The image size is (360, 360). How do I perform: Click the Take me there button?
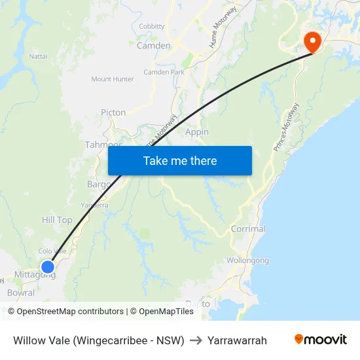coord(180,160)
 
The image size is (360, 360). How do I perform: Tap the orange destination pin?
coord(312,42)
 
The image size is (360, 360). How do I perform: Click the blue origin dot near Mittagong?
coord(47,266)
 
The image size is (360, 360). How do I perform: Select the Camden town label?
coord(153,46)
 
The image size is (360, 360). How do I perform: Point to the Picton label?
coord(113,113)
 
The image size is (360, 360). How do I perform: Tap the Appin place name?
coord(197,132)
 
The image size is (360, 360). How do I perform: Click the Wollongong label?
coord(247,261)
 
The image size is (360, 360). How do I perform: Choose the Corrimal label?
coord(248,229)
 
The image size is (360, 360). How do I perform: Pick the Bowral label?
coord(21,293)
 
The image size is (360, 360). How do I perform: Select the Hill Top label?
coord(57,220)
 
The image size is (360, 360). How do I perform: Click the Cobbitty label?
coord(152,26)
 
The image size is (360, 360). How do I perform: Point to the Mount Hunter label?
coord(113,79)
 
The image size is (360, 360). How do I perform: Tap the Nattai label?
coord(39,56)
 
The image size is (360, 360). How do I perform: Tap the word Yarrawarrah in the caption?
coord(237,340)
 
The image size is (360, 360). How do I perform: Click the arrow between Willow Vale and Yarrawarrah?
coord(196,340)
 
